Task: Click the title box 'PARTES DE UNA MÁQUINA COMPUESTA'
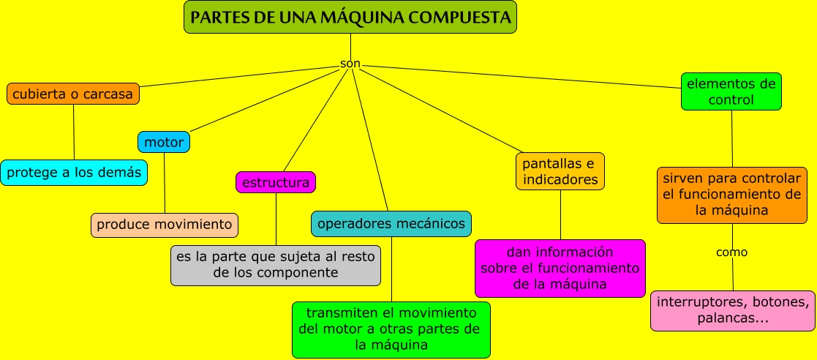point(350,17)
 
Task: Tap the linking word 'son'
point(350,64)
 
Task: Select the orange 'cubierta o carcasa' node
point(73,94)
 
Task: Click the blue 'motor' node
point(164,141)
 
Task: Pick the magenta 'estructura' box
point(276,182)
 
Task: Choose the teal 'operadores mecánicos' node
point(391,224)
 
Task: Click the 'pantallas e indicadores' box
point(560,171)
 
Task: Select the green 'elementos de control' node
point(731,91)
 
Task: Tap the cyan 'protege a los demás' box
point(73,173)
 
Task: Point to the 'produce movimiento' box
point(165,225)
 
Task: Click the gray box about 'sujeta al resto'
point(276,265)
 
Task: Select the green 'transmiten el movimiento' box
point(391,329)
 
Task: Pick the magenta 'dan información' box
point(560,268)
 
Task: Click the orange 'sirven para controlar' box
point(731,195)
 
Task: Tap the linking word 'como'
point(731,252)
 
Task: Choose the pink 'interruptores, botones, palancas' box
point(732,311)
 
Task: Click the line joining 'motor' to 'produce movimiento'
point(165,183)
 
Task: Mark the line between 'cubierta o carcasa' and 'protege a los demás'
point(74,132)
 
